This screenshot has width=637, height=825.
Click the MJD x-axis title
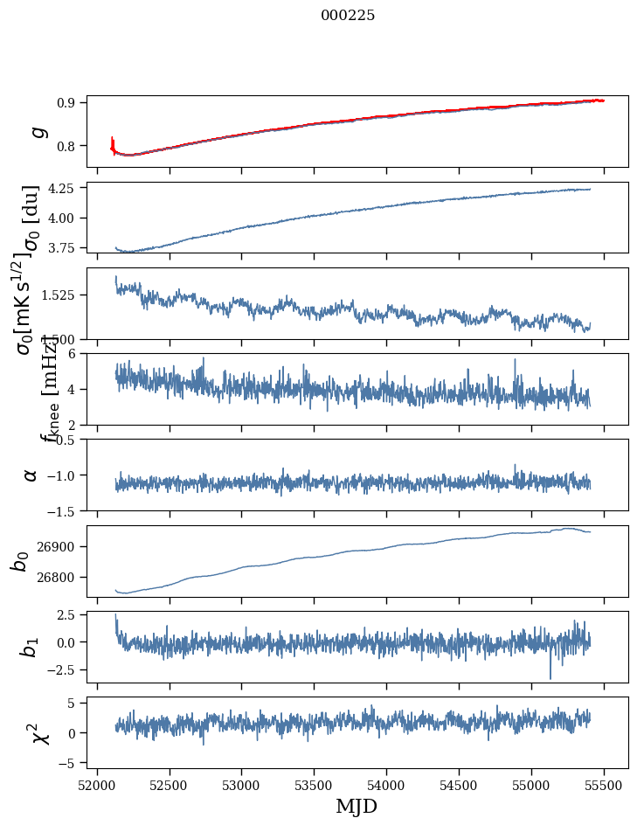(x=357, y=806)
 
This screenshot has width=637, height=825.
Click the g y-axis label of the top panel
(x=36, y=131)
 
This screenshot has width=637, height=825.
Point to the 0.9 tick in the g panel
(x=69, y=102)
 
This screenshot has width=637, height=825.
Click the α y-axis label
(x=31, y=475)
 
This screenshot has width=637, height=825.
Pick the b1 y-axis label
(x=31, y=647)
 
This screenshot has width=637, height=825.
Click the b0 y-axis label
(x=20, y=561)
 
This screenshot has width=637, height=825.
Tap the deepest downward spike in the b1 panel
(x=550, y=677)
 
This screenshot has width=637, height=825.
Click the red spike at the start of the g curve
(x=113, y=141)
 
